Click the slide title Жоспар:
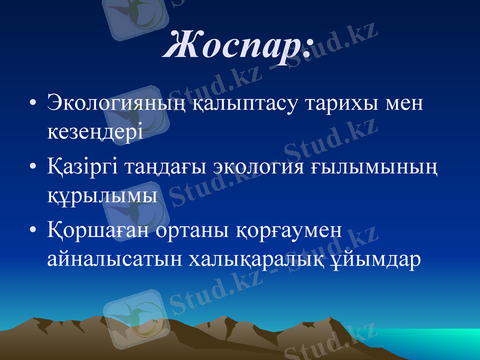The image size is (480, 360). (238, 44)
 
